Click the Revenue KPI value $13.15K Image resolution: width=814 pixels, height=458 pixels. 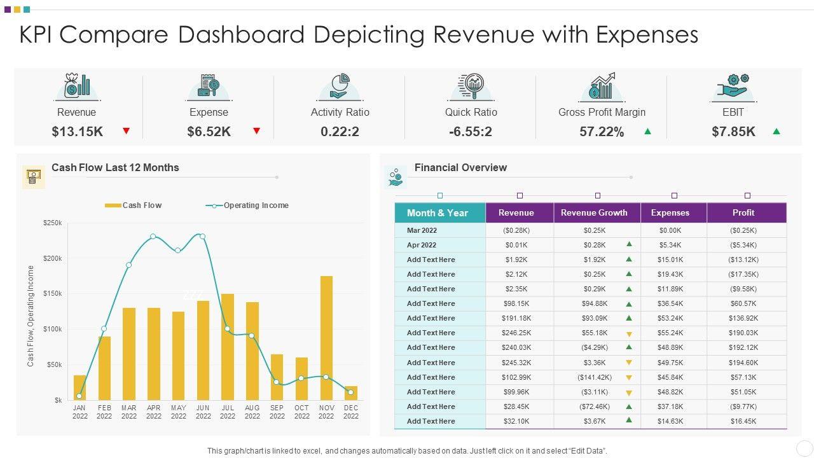click(x=77, y=132)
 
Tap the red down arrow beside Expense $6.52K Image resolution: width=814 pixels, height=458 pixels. click(x=256, y=131)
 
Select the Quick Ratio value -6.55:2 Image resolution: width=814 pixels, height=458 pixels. click(x=471, y=132)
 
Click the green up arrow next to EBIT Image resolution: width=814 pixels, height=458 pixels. click(x=776, y=132)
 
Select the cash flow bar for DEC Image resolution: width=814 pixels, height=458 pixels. click(x=351, y=392)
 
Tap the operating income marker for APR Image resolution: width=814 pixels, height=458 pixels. click(x=153, y=237)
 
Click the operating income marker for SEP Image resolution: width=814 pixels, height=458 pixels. click(x=277, y=382)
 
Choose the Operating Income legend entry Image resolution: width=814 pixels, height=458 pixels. click(x=247, y=205)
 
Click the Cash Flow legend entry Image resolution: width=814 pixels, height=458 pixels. click(x=134, y=205)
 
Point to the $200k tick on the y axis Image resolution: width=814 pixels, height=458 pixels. click(x=52, y=258)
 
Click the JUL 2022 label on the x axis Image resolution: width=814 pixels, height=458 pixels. click(x=228, y=412)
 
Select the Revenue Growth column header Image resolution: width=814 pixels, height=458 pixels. click(x=594, y=212)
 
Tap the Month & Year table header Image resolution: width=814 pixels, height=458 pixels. click(x=438, y=212)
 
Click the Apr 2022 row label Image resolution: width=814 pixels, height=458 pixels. click(x=422, y=245)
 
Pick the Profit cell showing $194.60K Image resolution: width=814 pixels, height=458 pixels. click(x=743, y=363)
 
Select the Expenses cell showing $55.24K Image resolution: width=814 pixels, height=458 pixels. click(x=670, y=333)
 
